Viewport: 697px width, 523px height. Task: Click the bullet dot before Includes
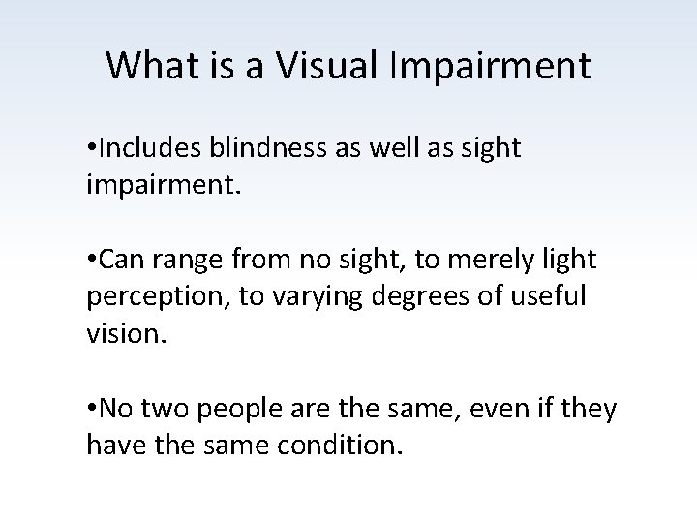point(92,148)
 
